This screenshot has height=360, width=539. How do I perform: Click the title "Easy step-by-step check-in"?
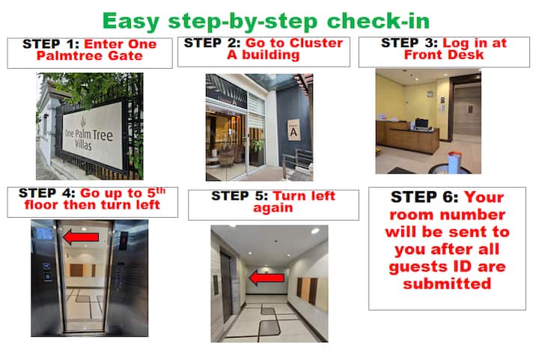click(x=266, y=21)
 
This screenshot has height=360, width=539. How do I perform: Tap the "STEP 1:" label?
click(x=51, y=44)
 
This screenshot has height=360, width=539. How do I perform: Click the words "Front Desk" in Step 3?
click(x=444, y=55)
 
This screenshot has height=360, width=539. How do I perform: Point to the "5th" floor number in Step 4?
click(x=156, y=192)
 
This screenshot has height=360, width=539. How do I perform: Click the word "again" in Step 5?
click(x=273, y=208)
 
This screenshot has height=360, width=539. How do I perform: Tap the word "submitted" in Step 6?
click(x=447, y=284)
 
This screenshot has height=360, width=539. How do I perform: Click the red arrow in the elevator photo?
click(x=81, y=237)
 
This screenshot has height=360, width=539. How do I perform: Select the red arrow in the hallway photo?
click(x=267, y=278)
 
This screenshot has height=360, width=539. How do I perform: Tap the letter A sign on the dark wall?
click(x=293, y=130)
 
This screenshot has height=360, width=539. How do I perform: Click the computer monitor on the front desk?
click(x=421, y=123)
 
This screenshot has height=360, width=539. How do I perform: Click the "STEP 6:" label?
click(x=424, y=197)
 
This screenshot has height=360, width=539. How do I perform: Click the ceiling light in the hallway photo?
click(x=315, y=231)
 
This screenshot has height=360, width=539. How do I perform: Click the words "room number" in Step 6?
click(x=447, y=215)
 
